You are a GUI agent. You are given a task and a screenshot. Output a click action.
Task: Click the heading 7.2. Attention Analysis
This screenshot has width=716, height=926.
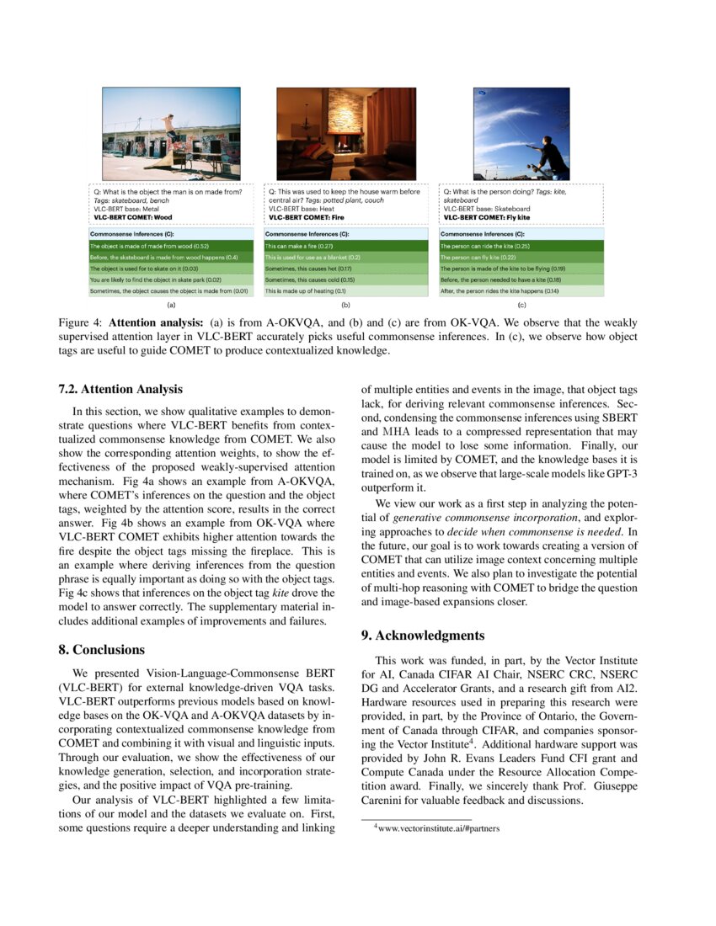[120, 389]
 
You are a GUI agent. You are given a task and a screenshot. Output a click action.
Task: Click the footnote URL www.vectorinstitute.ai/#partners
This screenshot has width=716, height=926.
[439, 828]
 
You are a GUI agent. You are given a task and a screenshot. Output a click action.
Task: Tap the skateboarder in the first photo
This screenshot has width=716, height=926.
[171, 128]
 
